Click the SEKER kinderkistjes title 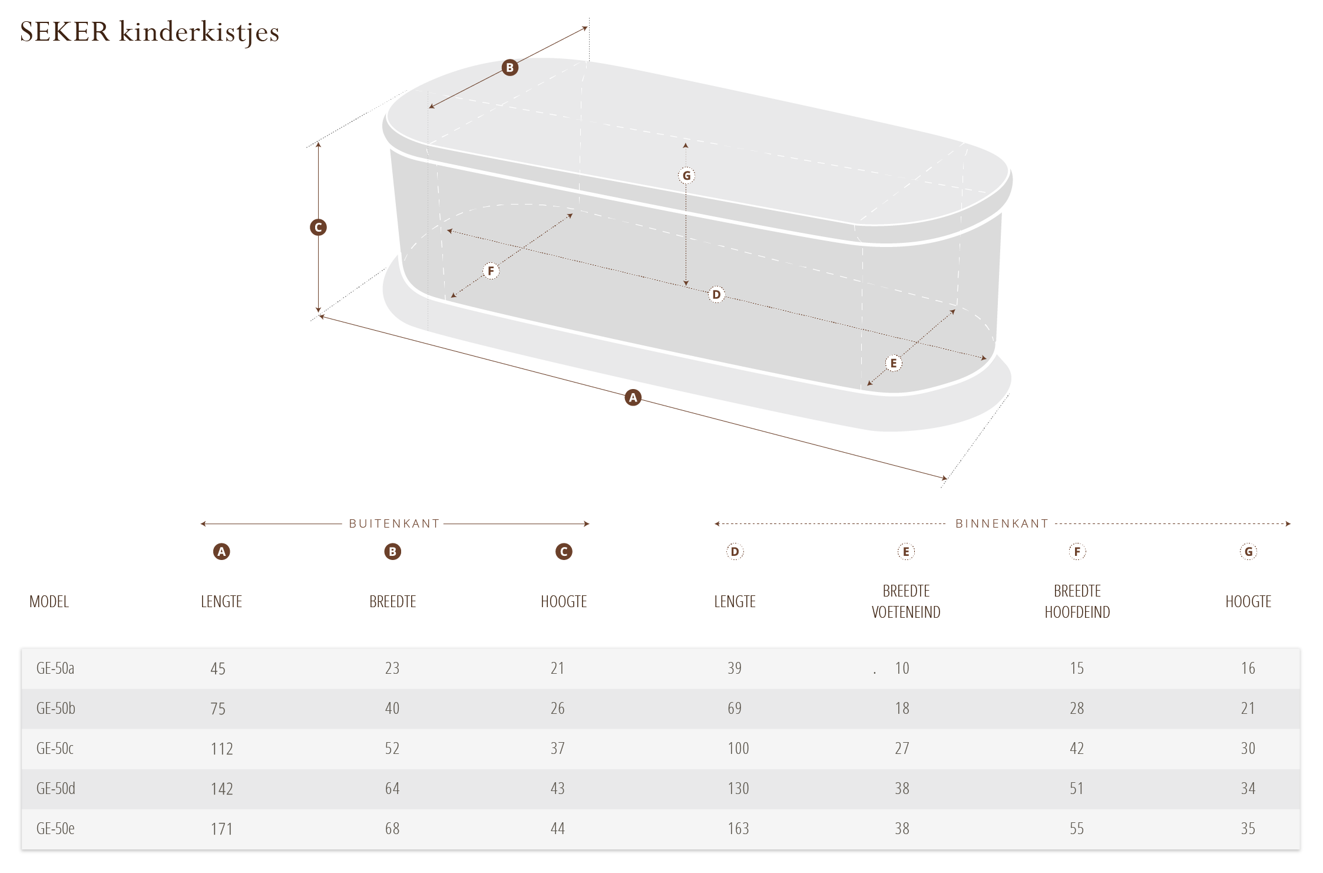pos(150,32)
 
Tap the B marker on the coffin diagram pos(510,67)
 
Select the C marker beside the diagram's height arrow pos(318,227)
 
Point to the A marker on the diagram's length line pos(633,397)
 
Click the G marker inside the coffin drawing pos(686,175)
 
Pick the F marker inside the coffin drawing pos(491,271)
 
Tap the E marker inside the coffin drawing pos(894,363)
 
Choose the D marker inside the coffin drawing pos(716,294)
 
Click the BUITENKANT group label pos(394,523)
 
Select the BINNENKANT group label pos(1002,523)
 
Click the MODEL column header pos(49,601)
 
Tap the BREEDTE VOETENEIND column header pos(906,601)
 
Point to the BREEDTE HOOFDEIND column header pos(1077,601)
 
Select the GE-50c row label pos(55,748)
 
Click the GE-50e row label pos(55,828)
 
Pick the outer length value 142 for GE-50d pos(222,789)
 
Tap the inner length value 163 pos(738,828)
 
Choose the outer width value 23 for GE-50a pos(392,668)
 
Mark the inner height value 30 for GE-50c pos(1248,748)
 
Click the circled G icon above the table pos(1249,552)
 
